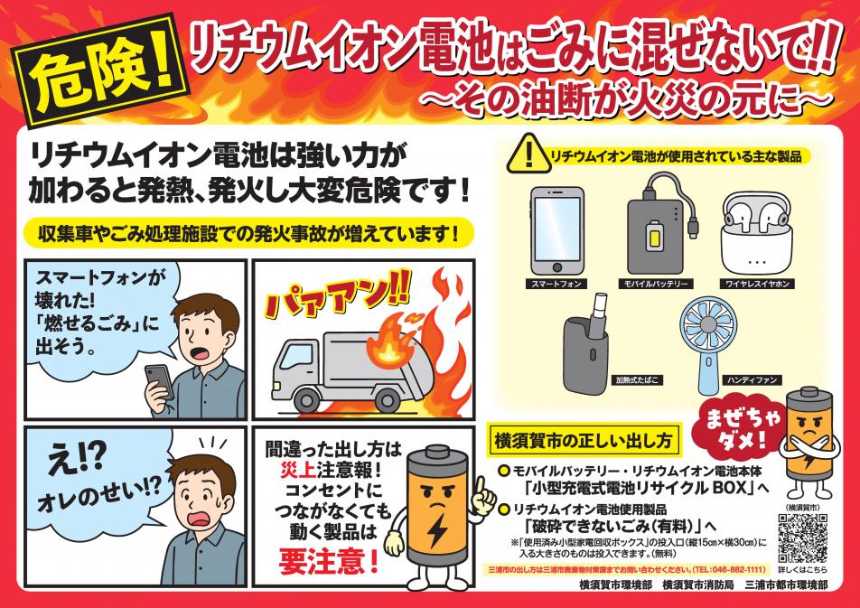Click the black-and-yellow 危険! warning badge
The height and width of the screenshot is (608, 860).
[x=99, y=70]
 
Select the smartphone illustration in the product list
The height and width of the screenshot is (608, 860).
[x=556, y=230]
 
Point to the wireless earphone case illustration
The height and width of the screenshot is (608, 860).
[x=756, y=232]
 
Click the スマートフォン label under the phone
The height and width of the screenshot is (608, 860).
[x=556, y=284]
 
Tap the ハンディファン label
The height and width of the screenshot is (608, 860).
[x=752, y=379]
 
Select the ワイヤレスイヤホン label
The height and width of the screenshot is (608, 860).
[x=757, y=284]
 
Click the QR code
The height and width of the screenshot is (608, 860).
[x=802, y=538]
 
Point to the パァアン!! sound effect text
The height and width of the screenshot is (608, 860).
[x=336, y=300]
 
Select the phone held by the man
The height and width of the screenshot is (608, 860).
[x=159, y=381]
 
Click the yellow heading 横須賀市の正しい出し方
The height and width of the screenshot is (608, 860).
[x=584, y=440]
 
